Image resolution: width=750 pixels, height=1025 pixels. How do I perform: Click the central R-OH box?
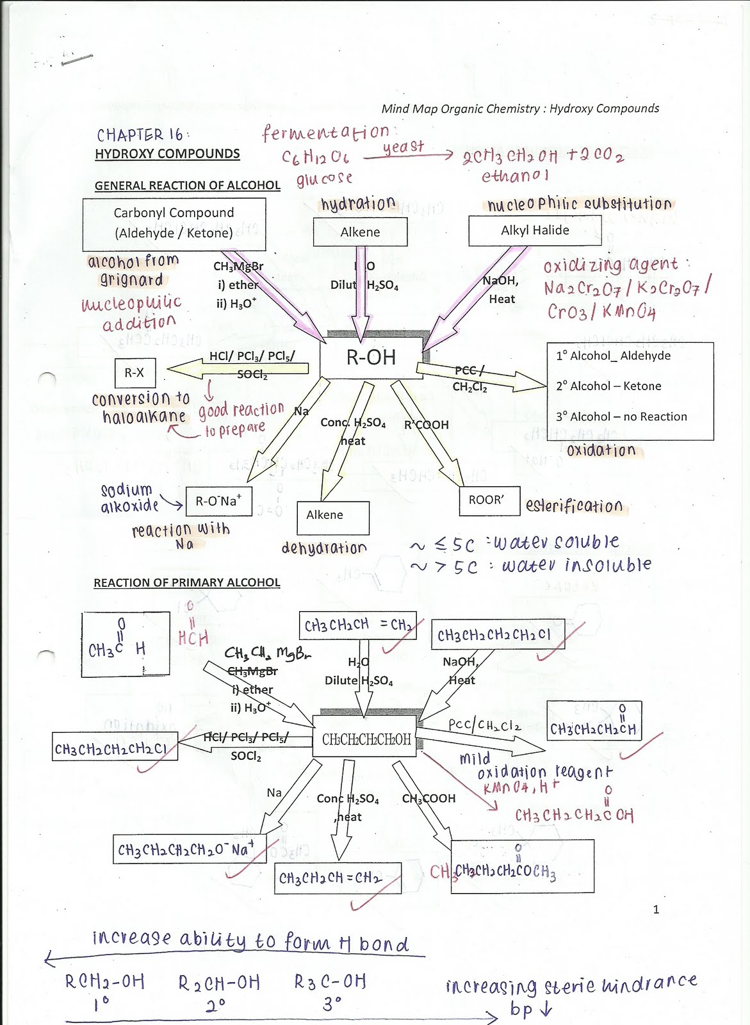(371, 357)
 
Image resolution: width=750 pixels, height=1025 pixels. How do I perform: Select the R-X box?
(135, 372)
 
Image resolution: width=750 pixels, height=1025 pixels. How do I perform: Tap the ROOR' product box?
(489, 500)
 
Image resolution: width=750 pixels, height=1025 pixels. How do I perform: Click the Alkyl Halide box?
(535, 231)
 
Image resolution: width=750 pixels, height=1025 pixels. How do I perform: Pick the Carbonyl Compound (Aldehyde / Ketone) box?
(174, 223)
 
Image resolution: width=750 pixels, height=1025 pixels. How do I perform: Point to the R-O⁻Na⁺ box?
(218, 501)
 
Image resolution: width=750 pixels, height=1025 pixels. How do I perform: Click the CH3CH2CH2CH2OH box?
(366, 739)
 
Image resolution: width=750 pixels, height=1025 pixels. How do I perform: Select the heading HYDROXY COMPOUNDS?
(167, 154)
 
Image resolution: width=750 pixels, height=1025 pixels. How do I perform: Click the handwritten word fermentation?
(325, 133)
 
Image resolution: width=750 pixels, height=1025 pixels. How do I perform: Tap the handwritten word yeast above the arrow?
(404, 147)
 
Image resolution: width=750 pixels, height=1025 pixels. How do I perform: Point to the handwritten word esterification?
(574, 506)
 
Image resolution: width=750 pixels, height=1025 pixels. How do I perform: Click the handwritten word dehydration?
(324, 548)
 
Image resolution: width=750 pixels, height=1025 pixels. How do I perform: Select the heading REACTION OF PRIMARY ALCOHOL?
(187, 582)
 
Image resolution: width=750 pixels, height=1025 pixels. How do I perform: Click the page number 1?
(656, 909)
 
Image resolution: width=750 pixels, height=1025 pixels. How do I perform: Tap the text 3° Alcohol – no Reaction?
(621, 416)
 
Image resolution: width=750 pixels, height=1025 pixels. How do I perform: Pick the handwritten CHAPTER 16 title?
(140, 135)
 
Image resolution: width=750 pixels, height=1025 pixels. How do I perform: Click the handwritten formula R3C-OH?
(330, 981)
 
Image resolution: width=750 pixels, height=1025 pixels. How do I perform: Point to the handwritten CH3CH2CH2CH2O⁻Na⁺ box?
(190, 849)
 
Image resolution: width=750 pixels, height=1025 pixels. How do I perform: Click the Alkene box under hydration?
(360, 232)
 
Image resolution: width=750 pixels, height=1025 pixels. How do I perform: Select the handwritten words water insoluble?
(576, 565)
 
